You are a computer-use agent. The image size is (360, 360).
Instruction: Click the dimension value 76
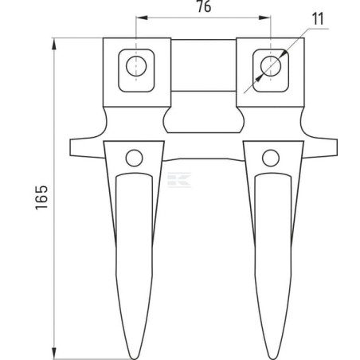click(x=204, y=6)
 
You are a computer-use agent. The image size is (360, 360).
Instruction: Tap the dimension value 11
click(x=318, y=19)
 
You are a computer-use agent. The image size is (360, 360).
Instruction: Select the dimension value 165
click(x=41, y=198)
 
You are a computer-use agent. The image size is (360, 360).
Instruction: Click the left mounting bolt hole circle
click(x=136, y=66)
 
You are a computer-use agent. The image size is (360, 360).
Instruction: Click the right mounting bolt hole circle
click(x=271, y=66)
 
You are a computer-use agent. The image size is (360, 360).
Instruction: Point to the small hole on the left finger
click(x=134, y=158)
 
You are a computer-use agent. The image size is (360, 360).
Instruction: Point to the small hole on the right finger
click(x=271, y=158)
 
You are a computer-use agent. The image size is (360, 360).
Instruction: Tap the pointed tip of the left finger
click(x=135, y=358)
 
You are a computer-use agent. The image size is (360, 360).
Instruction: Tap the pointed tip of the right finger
click(x=272, y=358)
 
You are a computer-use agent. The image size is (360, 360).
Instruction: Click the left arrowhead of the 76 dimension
click(x=142, y=18)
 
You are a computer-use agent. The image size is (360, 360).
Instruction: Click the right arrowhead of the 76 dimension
click(x=265, y=18)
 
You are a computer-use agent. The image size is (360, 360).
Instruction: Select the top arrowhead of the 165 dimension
click(x=54, y=44)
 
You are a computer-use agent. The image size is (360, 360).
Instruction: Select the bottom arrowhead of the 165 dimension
click(x=54, y=353)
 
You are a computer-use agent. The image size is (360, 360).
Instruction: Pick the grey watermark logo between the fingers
click(x=179, y=180)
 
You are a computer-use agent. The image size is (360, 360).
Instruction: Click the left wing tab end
click(x=71, y=147)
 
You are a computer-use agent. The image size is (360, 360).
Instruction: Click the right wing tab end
click(x=336, y=147)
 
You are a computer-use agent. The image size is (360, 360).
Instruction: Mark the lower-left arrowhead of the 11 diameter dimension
click(x=259, y=77)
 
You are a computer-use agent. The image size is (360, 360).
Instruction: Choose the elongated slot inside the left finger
click(x=135, y=264)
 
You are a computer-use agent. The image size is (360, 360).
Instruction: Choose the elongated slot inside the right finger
click(x=273, y=264)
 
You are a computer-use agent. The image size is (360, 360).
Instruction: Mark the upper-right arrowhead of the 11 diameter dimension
click(x=284, y=53)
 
